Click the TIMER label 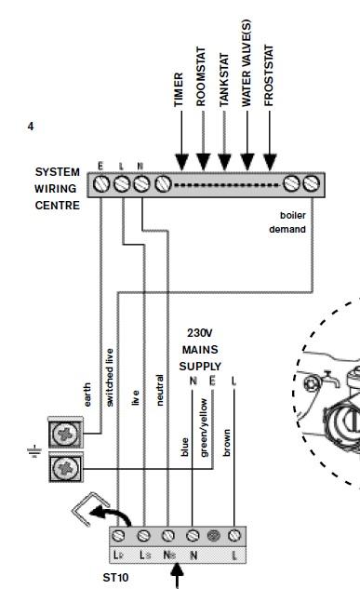(x=179, y=89)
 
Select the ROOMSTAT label (x=201, y=76)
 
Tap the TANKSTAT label (x=224, y=80)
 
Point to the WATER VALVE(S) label (x=246, y=63)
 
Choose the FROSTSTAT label (x=269, y=75)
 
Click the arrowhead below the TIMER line (x=181, y=162)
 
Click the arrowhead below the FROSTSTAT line (x=270, y=162)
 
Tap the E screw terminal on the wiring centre (x=101, y=184)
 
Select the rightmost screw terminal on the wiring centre (x=312, y=184)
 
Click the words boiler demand (x=287, y=222)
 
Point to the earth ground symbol (x=34, y=451)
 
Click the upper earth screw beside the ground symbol (x=66, y=434)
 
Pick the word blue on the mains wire (x=184, y=447)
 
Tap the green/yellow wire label (x=205, y=428)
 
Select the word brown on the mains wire (x=227, y=443)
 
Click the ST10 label (x=115, y=577)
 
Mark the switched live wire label (x=109, y=378)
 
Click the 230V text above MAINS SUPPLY (x=200, y=333)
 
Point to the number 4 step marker (x=31, y=127)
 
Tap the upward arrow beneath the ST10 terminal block (x=177, y=576)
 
